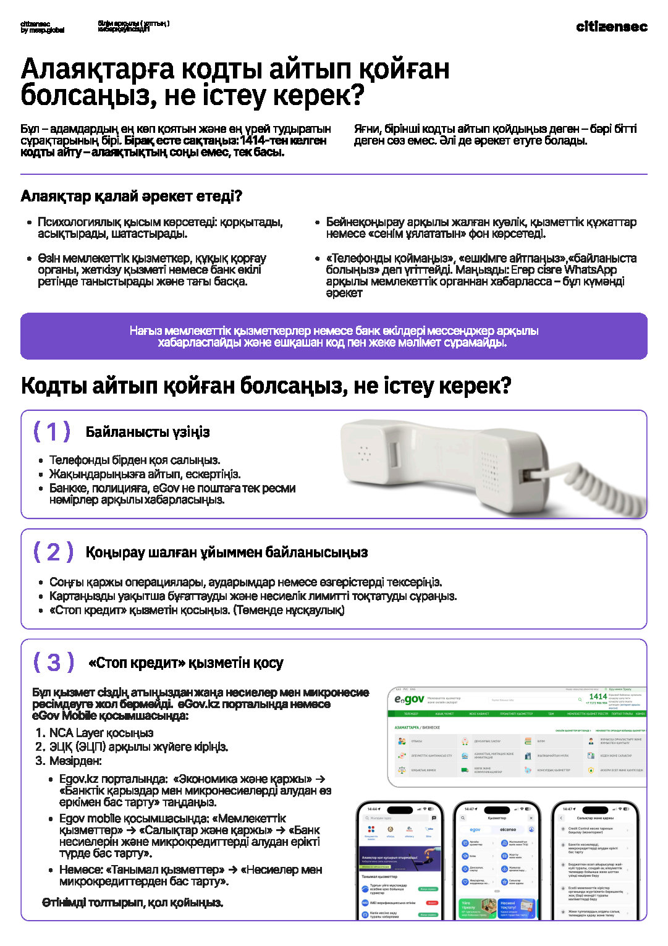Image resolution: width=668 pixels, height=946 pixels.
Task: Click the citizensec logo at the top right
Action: click(611, 27)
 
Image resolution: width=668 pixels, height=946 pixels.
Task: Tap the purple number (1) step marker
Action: click(52, 431)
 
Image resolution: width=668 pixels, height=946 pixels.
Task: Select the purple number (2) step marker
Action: click(53, 552)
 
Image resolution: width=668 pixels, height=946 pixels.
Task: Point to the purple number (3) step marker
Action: click(54, 662)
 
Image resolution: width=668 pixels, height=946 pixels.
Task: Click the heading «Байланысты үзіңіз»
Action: click(148, 432)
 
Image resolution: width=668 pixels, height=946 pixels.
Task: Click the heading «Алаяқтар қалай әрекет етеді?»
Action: click(131, 196)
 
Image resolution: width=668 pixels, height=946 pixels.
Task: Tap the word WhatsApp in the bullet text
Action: click(590, 270)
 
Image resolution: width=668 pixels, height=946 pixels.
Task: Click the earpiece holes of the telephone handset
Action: click(365, 454)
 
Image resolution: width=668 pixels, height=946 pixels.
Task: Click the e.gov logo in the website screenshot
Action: click(409, 699)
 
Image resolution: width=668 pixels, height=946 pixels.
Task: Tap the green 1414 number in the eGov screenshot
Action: click(598, 696)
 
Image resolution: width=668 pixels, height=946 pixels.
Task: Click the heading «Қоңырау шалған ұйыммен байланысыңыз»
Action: click(226, 552)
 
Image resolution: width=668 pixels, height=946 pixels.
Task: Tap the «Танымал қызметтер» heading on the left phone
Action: click(379, 876)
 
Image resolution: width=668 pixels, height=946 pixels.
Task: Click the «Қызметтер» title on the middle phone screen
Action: click(497, 817)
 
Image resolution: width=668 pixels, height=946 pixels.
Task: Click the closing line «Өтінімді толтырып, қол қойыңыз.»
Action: click(132, 903)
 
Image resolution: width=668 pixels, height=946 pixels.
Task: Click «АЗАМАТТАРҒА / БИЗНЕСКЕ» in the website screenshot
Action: click(417, 727)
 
